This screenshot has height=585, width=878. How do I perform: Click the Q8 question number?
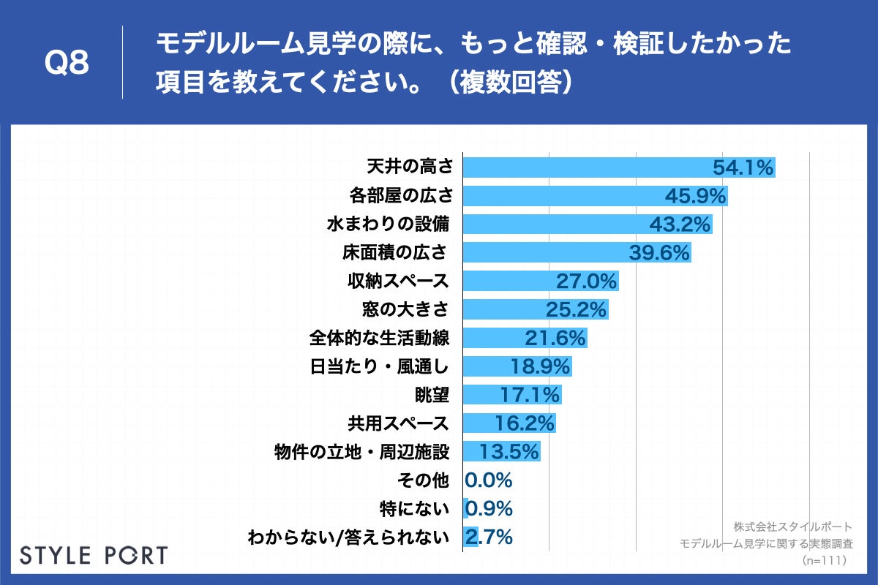(x=67, y=64)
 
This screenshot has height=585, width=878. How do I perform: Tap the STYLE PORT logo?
(x=94, y=555)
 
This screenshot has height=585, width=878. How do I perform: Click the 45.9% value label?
(x=695, y=196)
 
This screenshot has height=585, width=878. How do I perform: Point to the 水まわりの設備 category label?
(x=387, y=224)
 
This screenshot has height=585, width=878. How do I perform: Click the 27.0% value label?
(x=588, y=282)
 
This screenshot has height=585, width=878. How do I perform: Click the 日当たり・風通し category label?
(x=380, y=367)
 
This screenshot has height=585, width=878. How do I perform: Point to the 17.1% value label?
(x=530, y=396)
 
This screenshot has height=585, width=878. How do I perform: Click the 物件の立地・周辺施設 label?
(x=360, y=452)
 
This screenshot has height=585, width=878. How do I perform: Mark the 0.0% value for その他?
(x=489, y=480)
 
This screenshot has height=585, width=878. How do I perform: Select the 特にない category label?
(x=414, y=509)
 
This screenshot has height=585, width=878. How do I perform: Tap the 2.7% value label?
(x=489, y=537)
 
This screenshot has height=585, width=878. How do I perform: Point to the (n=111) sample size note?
(x=824, y=560)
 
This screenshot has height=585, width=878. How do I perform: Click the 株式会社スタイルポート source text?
(x=792, y=526)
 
